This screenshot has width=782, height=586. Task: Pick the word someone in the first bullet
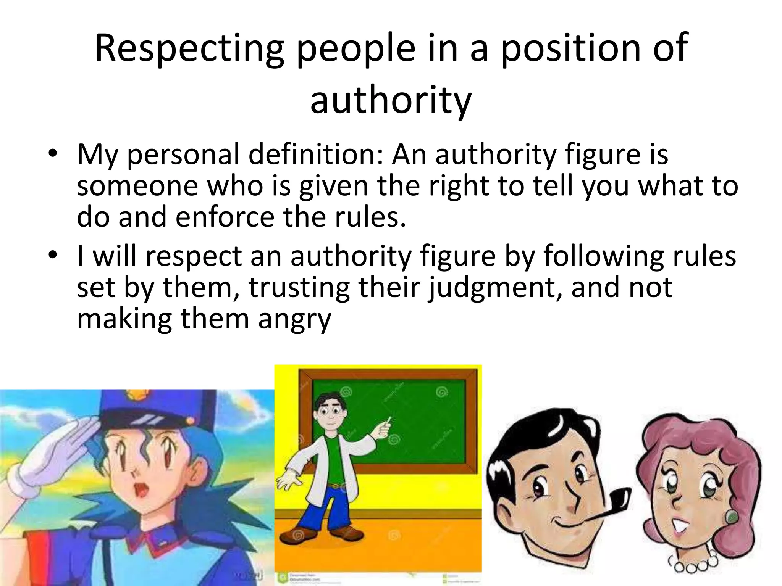point(137,186)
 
